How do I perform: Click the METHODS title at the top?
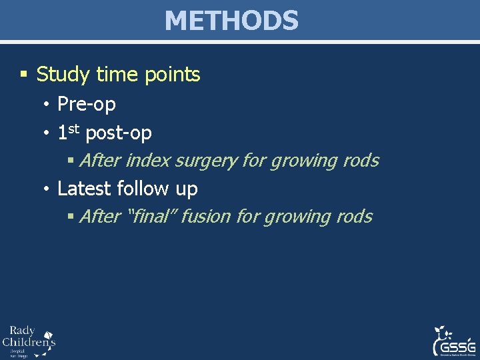[231, 21]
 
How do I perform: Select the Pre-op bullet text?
[87, 105]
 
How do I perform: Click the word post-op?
[119, 134]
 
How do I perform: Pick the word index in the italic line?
[148, 161]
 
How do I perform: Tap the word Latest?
[85, 189]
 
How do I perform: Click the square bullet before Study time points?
[24, 75]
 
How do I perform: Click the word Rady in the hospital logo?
[22, 331]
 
